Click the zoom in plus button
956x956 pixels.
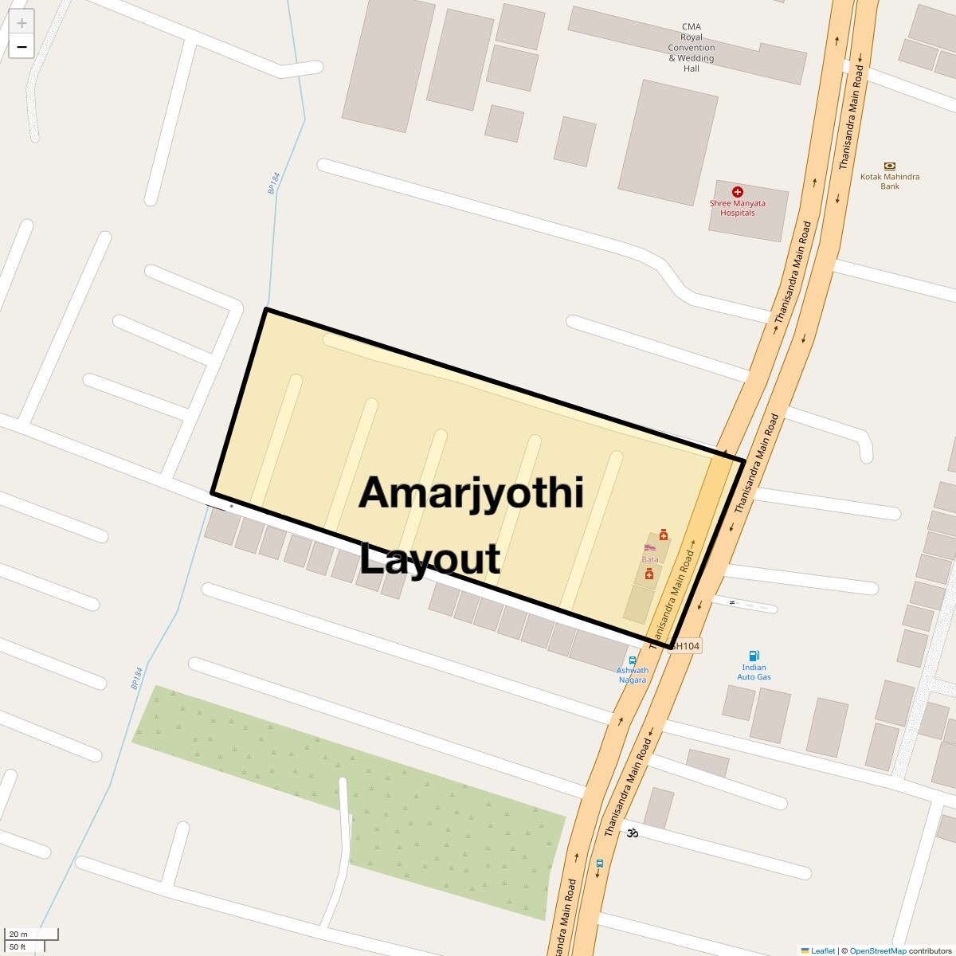click(x=22, y=23)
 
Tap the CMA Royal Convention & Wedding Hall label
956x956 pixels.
click(x=691, y=48)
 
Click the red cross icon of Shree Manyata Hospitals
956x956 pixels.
click(x=738, y=192)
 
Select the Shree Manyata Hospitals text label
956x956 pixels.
click(x=738, y=208)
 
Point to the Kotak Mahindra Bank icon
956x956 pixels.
click(x=890, y=166)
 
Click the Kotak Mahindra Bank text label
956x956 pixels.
click(x=890, y=182)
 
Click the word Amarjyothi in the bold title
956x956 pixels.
click(x=472, y=493)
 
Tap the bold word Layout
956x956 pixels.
click(x=430, y=558)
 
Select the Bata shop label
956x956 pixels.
click(x=650, y=559)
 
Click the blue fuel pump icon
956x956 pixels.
click(x=754, y=656)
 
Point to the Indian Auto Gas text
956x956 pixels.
click(x=754, y=672)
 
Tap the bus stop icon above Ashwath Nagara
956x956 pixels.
click(x=633, y=660)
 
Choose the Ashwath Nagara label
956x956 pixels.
click(x=633, y=675)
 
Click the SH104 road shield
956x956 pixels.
click(x=685, y=646)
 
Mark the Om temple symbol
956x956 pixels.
click(x=633, y=833)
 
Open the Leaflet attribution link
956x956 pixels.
click(x=823, y=950)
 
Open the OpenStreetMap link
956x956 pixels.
click(x=877, y=950)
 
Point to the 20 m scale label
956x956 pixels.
click(x=18, y=934)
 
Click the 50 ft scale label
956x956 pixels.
click(x=18, y=946)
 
